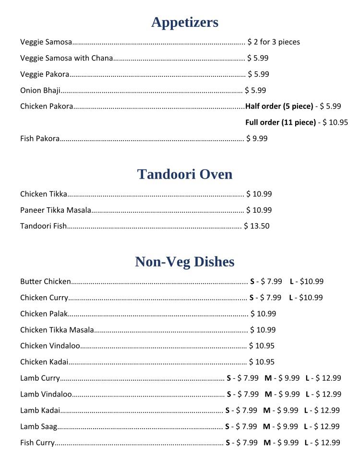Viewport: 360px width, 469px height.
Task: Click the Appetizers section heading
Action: click(185, 22)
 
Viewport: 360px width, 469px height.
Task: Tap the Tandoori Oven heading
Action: click(185, 174)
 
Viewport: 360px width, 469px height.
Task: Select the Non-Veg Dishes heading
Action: click(185, 262)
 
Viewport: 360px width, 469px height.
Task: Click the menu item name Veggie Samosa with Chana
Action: click(66, 58)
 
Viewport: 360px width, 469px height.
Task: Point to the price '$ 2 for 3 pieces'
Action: click(274, 42)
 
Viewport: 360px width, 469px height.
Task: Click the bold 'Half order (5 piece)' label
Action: click(279, 106)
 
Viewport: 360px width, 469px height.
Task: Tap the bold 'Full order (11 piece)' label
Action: click(280, 122)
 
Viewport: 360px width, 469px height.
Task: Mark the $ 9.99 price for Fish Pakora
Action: click(257, 139)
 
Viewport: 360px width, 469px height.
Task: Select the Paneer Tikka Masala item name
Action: click(56, 210)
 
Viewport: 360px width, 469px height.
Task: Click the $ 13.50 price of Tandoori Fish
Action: click(257, 226)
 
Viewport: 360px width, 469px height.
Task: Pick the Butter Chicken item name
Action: click(46, 282)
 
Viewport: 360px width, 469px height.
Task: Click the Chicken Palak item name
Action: click(44, 314)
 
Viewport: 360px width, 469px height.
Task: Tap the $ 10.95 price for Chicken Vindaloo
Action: click(262, 346)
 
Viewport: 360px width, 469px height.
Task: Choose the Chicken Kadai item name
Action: click(44, 362)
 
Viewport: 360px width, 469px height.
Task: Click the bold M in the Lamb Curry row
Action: click(267, 378)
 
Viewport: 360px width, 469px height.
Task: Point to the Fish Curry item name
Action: click(37, 443)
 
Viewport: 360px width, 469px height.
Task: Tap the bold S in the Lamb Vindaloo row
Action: click(229, 395)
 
